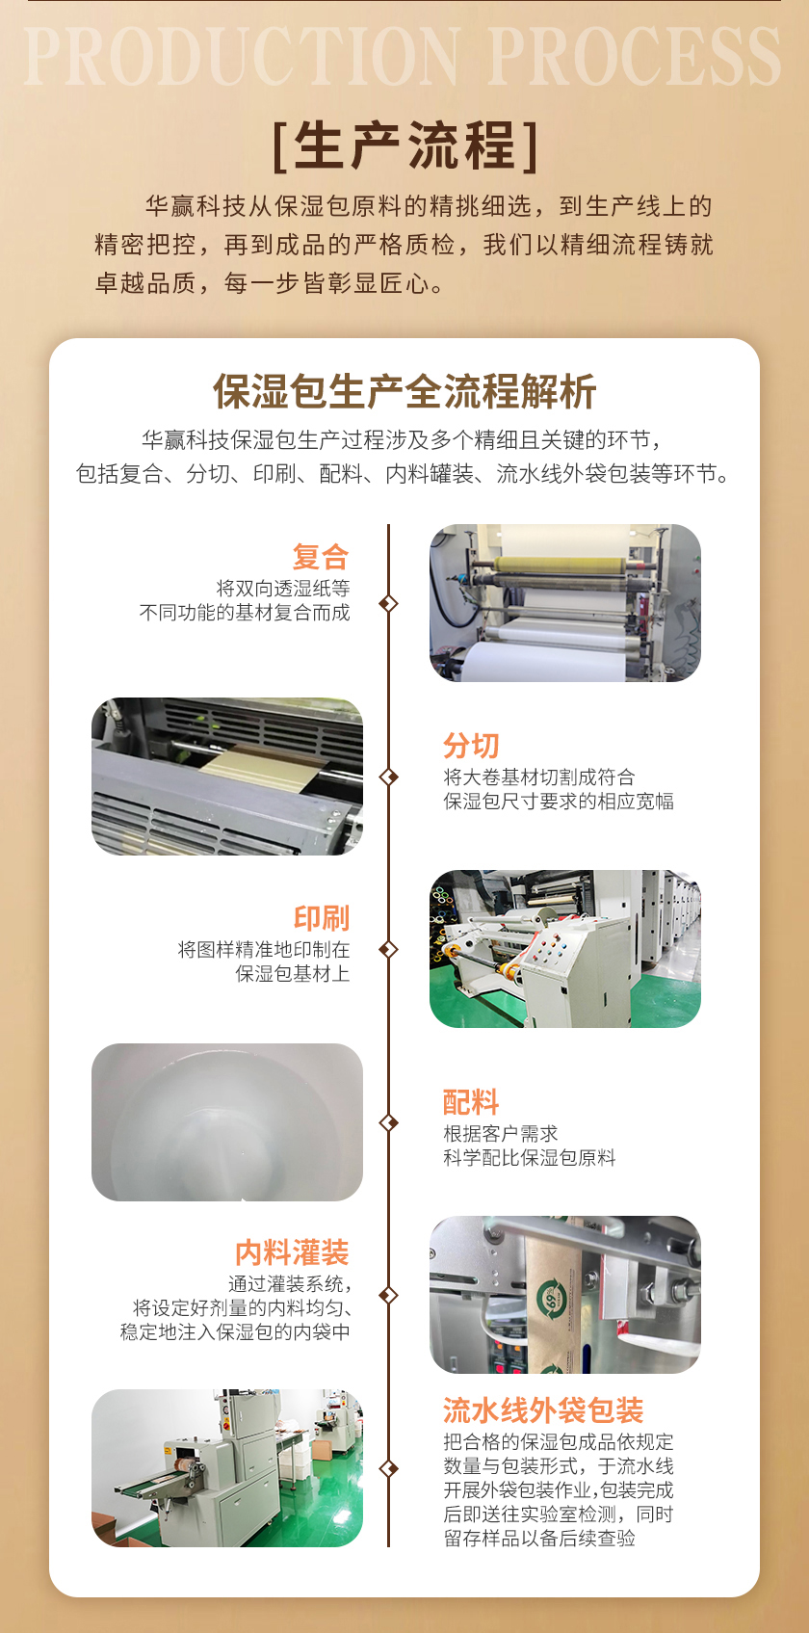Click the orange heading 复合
coord(321,557)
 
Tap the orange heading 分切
coord(472,746)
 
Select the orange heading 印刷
coord(322,918)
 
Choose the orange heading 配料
coord(472,1102)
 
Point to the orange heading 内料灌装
coord(292,1252)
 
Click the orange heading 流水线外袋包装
coord(544,1409)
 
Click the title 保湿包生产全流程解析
coord(404,391)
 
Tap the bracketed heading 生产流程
coord(405,146)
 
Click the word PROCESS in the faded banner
coord(635,56)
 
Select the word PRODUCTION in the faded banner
coord(242,56)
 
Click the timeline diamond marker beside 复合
coord(388,604)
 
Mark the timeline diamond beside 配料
coord(388,1122)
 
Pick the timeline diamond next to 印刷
coord(388,949)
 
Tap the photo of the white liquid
coord(227,1122)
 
